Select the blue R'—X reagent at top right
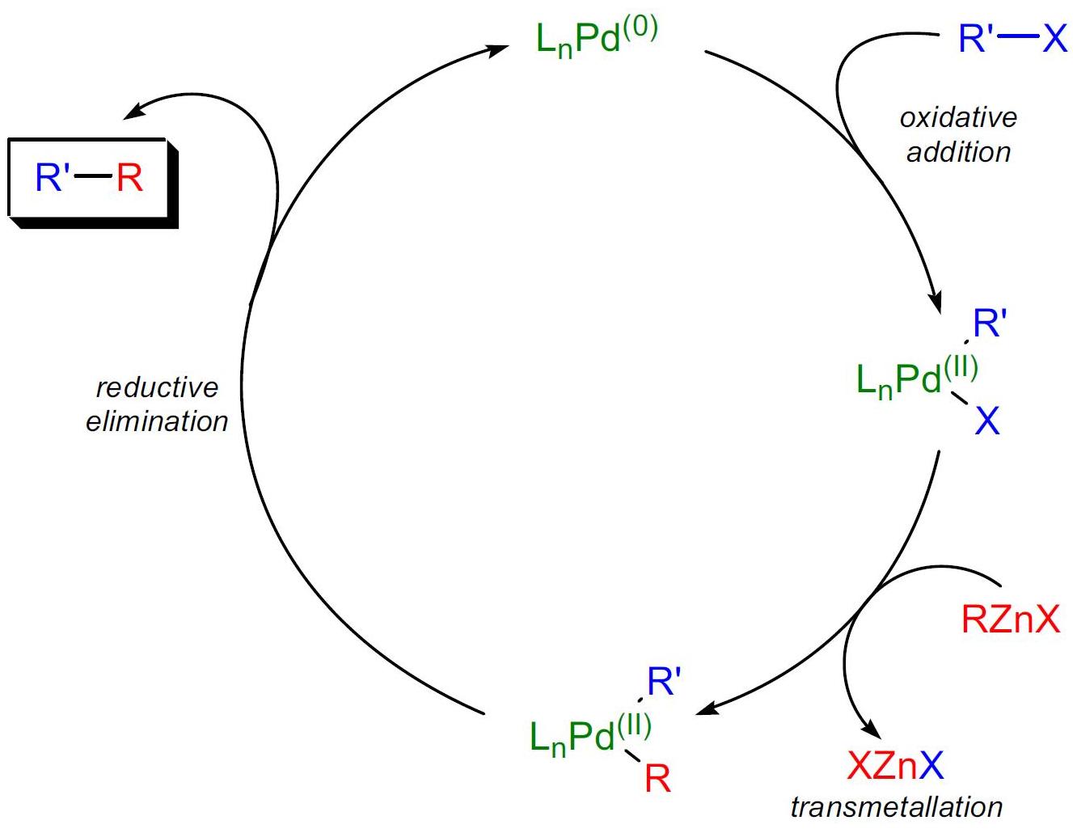coord(1012,37)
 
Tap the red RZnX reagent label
coord(1010,619)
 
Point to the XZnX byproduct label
coord(895,764)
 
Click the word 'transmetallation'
coord(896,806)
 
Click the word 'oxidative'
coord(957,118)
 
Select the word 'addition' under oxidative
coord(958,152)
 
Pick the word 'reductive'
coord(157,387)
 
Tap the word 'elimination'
coord(157,421)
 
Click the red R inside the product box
coord(129,178)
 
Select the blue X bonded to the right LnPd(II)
coord(986,421)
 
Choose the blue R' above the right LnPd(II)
coord(989,324)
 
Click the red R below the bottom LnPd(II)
coord(657,780)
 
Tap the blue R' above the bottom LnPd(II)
coord(664,683)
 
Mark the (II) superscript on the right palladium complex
coord(960,367)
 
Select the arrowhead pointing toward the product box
coord(132,113)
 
